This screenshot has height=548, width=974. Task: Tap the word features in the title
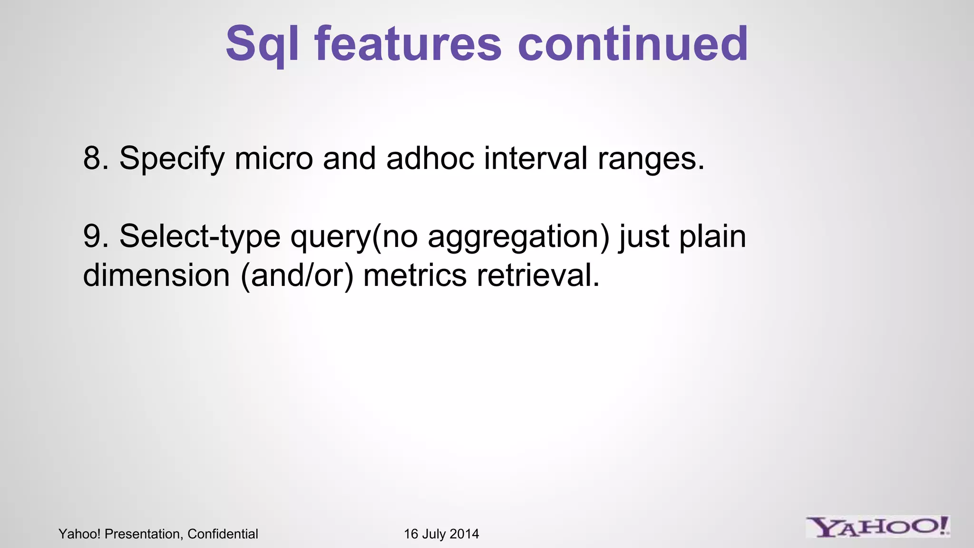click(408, 44)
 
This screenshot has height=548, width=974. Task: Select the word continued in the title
click(633, 44)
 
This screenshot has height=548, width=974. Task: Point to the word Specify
click(172, 159)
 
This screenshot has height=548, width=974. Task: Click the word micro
click(273, 158)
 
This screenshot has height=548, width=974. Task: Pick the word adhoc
click(430, 158)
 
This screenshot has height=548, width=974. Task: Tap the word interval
click(536, 158)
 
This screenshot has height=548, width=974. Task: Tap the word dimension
click(156, 275)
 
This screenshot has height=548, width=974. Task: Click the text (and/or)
click(297, 276)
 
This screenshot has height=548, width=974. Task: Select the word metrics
click(415, 275)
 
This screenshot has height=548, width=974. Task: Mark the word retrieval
click(538, 275)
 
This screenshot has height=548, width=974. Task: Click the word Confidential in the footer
click(223, 534)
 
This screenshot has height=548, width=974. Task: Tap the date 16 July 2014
click(441, 534)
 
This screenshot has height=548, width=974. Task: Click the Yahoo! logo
click(877, 528)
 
